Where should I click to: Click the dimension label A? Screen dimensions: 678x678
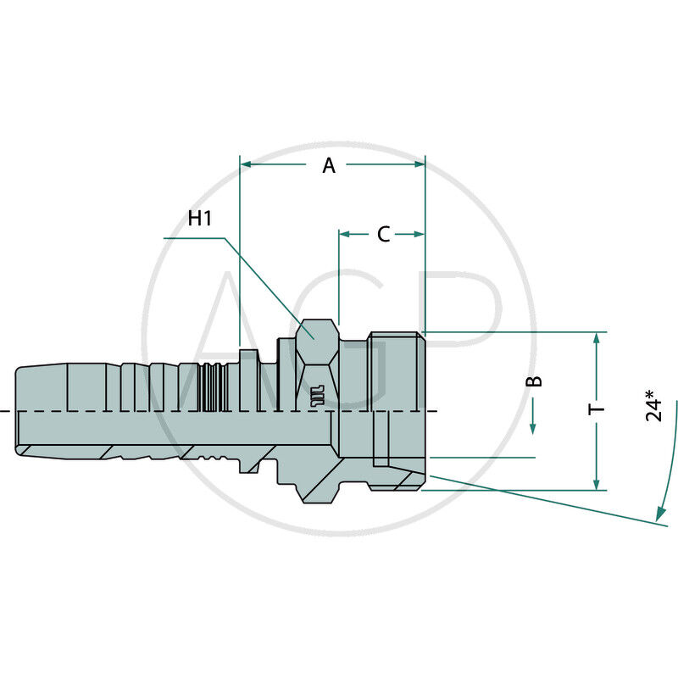[329, 166]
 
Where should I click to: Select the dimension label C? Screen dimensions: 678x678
[383, 235]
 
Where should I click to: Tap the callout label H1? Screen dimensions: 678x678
[200, 219]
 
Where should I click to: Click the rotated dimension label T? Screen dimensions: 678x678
[597, 409]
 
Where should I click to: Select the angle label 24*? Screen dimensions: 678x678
[653, 405]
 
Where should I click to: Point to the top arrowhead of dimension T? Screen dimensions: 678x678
[597, 337]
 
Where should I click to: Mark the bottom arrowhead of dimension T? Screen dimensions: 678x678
[597, 484]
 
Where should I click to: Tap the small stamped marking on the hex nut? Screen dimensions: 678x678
[317, 395]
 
